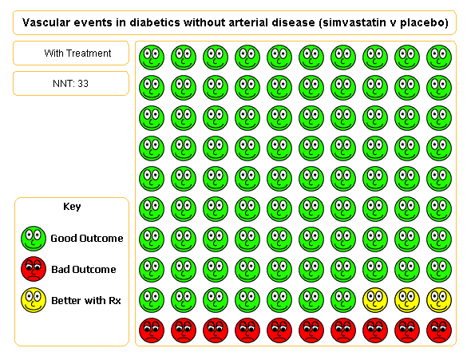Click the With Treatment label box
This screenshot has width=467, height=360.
[71, 53]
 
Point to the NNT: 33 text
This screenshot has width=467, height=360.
[71, 84]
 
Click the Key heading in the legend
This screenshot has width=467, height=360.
[72, 207]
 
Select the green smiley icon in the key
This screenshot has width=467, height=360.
[34, 238]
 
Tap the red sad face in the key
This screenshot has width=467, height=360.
[34, 269]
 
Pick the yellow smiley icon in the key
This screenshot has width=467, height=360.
[34, 300]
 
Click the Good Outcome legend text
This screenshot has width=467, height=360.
[87, 238]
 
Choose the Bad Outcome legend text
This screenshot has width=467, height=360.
[83, 269]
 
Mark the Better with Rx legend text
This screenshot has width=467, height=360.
[85, 300]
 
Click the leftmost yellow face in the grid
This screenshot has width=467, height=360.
[375, 300]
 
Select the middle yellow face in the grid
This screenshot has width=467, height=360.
[407, 300]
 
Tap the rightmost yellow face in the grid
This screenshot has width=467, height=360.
[439, 300]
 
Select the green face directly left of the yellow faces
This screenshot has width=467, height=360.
[343, 300]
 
